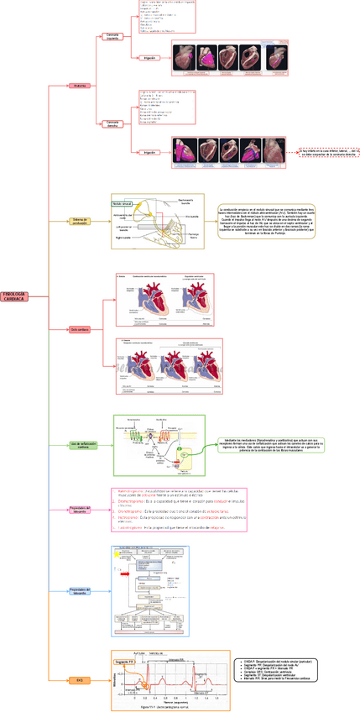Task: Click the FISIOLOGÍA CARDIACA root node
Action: (16, 273)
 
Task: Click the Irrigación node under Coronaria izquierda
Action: (149, 57)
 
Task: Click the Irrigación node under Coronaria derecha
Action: (149, 152)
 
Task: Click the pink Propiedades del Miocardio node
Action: (80, 510)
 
